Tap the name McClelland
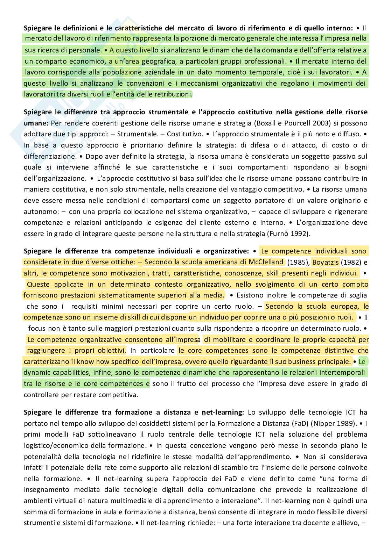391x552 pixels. [266, 262]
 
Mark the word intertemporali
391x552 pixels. [344, 373]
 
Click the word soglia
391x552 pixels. [358, 295]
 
